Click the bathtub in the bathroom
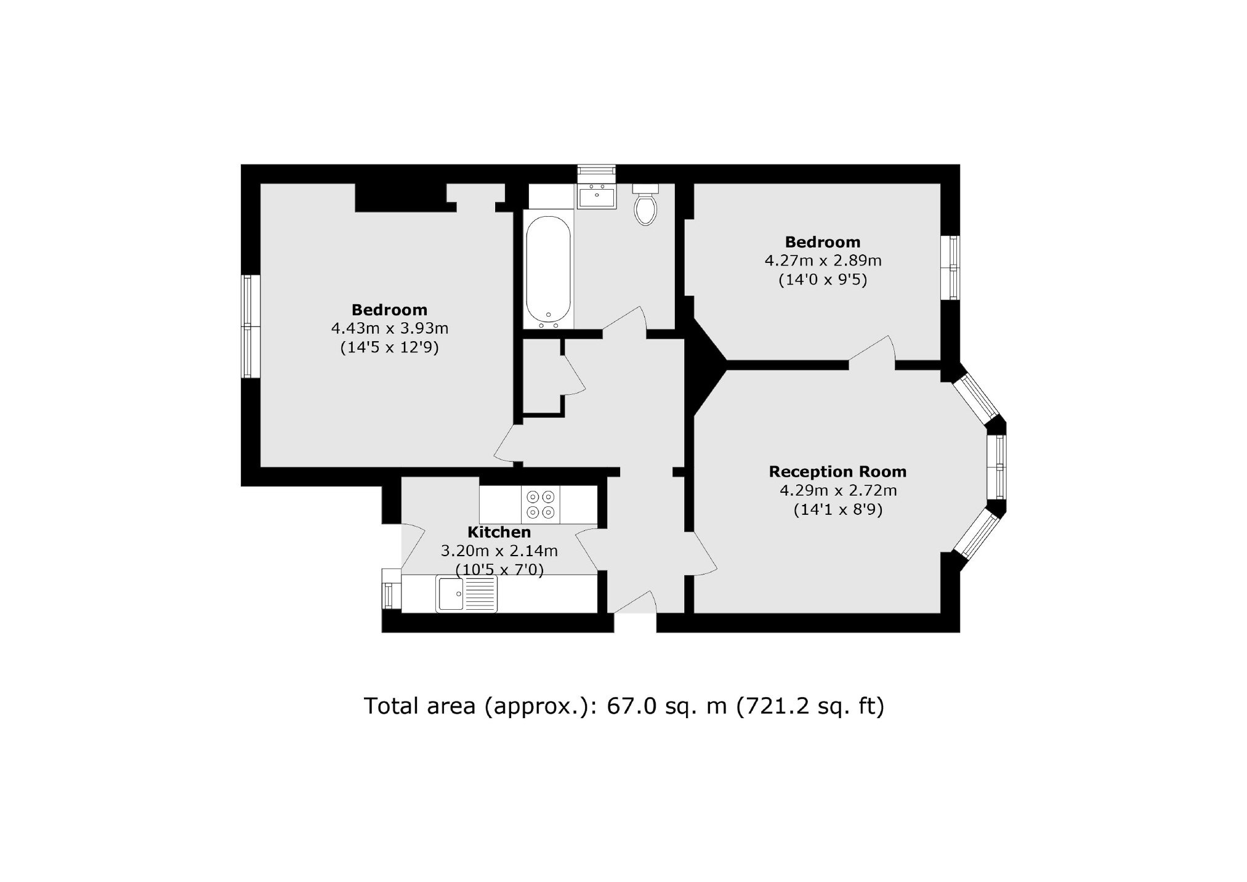click(549, 272)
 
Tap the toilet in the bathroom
click(646, 204)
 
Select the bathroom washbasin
click(597, 196)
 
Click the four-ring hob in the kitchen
click(541, 504)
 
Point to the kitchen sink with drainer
click(466, 593)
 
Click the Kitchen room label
click(499, 532)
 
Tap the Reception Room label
click(837, 472)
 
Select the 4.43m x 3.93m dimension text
click(389, 328)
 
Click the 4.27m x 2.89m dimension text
click(823, 261)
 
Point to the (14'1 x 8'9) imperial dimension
click(837, 510)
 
